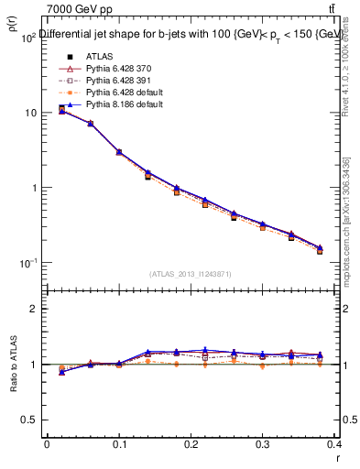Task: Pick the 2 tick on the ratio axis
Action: (x=34, y=309)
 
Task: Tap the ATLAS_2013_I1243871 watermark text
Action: (x=191, y=274)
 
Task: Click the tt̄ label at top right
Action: (x=343, y=8)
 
